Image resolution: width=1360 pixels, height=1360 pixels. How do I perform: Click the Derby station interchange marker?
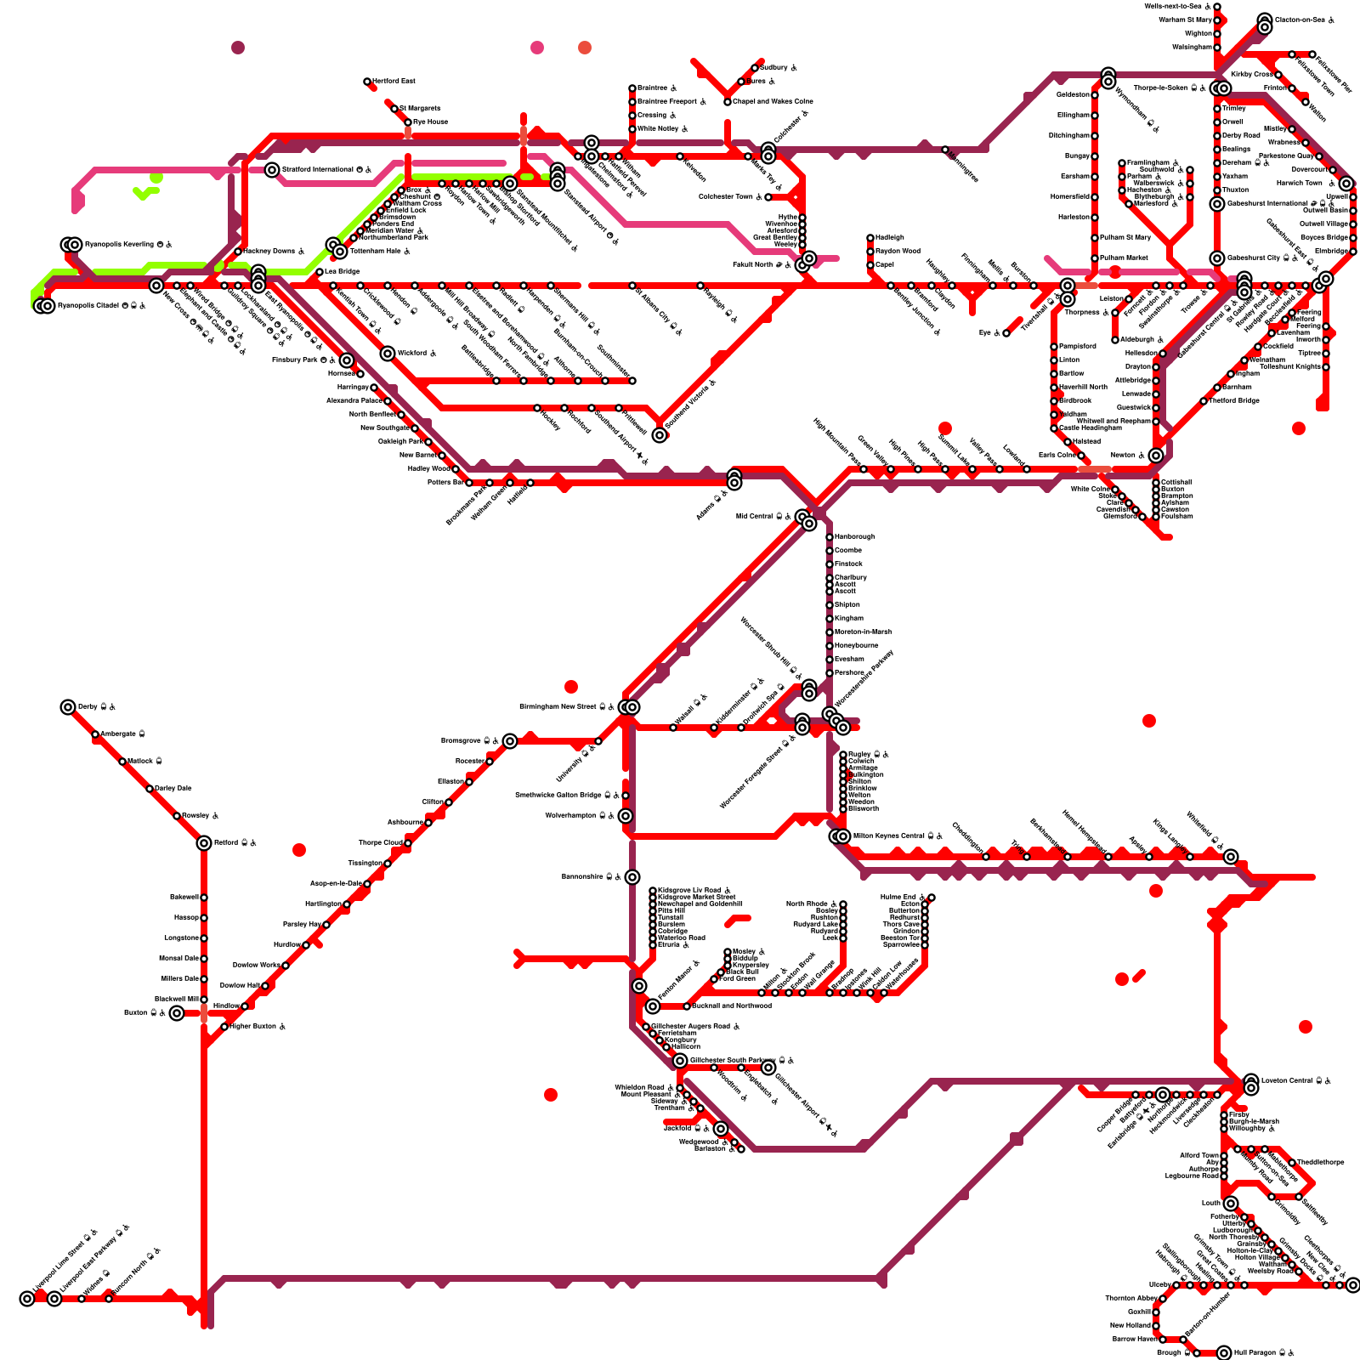pos(68,707)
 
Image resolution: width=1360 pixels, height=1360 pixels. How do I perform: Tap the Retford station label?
pos(225,843)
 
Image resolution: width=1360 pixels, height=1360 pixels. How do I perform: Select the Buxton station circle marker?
pos(176,1013)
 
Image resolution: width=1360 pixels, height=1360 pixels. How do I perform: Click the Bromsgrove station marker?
pos(510,741)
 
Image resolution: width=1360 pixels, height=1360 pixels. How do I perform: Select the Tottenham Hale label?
pos(375,252)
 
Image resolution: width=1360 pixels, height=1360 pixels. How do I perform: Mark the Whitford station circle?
pos(388,354)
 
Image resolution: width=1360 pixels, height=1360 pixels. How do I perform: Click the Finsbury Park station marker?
pos(347,360)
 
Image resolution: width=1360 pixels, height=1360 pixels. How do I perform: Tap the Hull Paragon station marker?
pos(1224,1353)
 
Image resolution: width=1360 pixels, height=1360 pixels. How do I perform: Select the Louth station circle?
pos(1231,1204)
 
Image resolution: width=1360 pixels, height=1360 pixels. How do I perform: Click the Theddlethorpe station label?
pos(1321,1162)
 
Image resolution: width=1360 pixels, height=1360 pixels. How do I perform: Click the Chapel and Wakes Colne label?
pos(773,101)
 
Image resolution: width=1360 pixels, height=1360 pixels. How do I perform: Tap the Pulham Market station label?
pos(1125,258)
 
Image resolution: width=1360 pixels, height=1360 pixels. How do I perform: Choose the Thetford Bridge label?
pos(1234,400)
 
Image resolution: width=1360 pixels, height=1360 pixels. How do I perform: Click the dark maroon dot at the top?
pos(238,48)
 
